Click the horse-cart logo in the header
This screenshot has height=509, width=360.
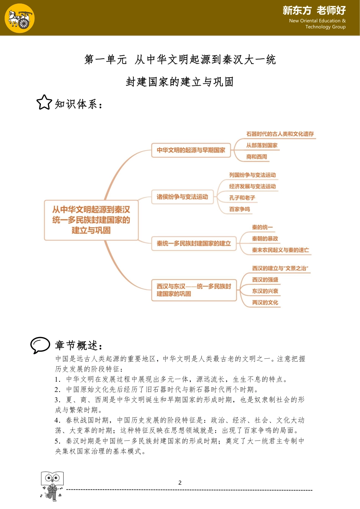pyautogui.click(x=20, y=18)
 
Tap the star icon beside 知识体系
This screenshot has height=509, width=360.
pyautogui.click(x=44, y=102)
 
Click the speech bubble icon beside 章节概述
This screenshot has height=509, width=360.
pyautogui.click(x=40, y=345)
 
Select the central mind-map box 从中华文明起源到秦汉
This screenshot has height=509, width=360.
pyautogui.click(x=91, y=220)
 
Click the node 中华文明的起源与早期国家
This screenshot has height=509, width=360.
pyautogui.click(x=191, y=150)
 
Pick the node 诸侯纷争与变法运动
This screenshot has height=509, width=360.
pyautogui.click(x=182, y=197)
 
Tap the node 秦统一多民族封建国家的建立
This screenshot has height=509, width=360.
pyautogui.click(x=194, y=244)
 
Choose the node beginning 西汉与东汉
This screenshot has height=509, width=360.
pyautogui.click(x=194, y=290)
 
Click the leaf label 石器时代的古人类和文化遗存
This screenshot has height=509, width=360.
pyautogui.click(x=280, y=134)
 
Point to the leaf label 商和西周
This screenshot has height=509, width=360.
pyautogui.click(x=257, y=157)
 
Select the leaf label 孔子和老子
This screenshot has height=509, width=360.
pyautogui.click(x=242, y=198)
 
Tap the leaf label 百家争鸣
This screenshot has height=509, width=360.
pyautogui.click(x=239, y=209)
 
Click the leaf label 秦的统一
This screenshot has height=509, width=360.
pyautogui.click(x=262, y=227)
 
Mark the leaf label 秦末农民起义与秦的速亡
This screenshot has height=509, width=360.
pyautogui.click(x=280, y=250)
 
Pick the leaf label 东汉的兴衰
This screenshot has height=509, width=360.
pyautogui.click(x=265, y=291)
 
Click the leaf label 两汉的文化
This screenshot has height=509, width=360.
pyautogui.click(x=265, y=303)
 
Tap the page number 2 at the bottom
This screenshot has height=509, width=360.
pyautogui.click(x=180, y=483)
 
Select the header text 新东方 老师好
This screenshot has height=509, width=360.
pyautogui.click(x=314, y=11)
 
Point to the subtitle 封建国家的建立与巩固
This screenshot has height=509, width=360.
pyautogui.click(x=180, y=82)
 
